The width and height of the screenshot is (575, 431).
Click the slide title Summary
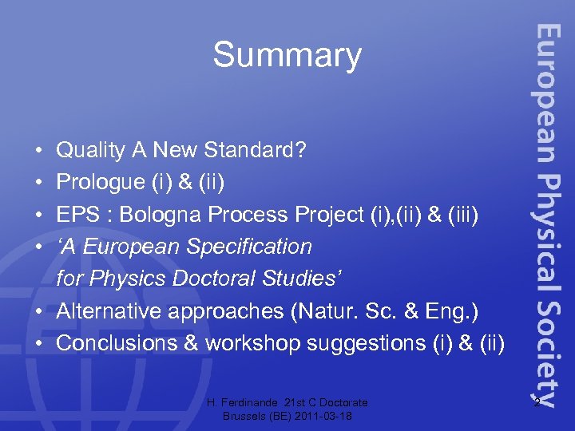287,56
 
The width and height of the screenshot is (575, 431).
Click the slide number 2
537,401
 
